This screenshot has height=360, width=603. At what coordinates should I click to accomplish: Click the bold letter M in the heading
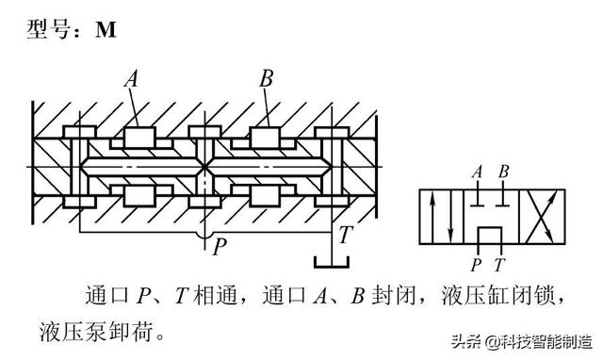(x=106, y=29)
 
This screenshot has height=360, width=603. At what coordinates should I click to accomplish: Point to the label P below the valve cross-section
(x=219, y=247)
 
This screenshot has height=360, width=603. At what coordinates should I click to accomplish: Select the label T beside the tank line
(x=345, y=236)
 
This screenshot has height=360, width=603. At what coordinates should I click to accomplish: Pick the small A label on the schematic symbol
(x=478, y=172)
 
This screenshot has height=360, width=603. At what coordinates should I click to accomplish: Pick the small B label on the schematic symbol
(x=504, y=172)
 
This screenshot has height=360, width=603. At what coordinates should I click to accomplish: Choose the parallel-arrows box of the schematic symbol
(x=439, y=216)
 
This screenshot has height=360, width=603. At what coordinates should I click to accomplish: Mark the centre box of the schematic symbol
(x=490, y=216)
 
